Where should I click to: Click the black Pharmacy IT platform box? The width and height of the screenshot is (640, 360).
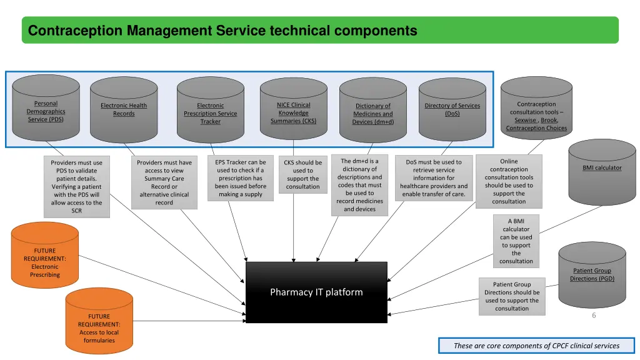[316, 292]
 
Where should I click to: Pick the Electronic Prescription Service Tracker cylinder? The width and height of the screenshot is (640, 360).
[210, 113]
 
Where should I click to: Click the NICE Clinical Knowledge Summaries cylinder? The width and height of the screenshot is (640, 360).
[293, 112]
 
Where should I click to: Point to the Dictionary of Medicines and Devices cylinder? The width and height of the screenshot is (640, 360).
[372, 114]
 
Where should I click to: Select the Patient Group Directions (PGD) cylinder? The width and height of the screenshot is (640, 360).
[591, 274]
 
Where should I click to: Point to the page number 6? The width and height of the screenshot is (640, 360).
[594, 316]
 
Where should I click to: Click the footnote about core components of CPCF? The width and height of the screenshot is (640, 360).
[536, 346]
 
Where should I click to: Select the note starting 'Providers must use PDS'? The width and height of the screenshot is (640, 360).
[76, 187]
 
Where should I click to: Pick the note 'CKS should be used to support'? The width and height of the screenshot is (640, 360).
[302, 174]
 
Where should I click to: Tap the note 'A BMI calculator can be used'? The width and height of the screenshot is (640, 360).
[516, 241]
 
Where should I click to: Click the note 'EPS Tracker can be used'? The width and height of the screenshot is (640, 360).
[241, 178]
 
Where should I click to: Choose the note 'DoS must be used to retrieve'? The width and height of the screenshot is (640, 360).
[434, 178]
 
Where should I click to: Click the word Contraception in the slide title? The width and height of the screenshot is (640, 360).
[75, 30]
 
